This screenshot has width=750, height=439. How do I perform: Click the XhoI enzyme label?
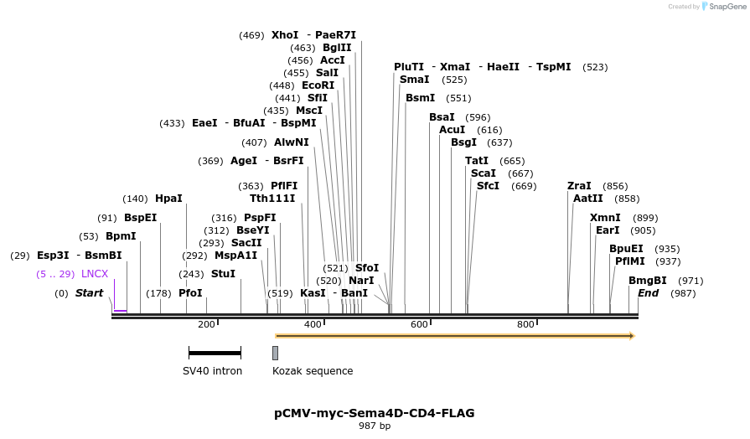(x=285, y=35)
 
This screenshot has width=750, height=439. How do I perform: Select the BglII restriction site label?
(x=337, y=48)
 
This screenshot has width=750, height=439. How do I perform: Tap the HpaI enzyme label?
(x=168, y=199)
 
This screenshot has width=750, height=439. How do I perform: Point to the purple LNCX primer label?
(x=95, y=274)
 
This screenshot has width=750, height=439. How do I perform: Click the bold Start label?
(x=89, y=293)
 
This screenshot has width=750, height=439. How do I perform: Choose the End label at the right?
(x=649, y=293)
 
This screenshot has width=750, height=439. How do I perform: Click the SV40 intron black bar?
(x=215, y=353)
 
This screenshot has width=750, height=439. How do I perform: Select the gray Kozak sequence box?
(x=275, y=353)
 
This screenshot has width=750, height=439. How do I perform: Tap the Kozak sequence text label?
(x=313, y=371)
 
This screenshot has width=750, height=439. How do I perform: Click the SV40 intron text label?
(x=213, y=371)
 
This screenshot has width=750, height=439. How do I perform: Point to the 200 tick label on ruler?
(x=206, y=325)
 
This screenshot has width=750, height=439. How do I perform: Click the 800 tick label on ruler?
(x=525, y=325)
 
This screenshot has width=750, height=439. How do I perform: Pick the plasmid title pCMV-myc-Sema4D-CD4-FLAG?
(x=375, y=413)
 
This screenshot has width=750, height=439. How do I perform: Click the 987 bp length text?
(x=375, y=426)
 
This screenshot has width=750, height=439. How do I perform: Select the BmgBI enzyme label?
(x=648, y=281)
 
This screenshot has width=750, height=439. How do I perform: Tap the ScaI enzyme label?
(x=484, y=173)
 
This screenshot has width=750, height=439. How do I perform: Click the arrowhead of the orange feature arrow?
(x=632, y=336)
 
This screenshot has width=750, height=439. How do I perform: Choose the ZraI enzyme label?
(x=579, y=186)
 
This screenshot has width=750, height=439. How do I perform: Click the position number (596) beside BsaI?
(x=478, y=117)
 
